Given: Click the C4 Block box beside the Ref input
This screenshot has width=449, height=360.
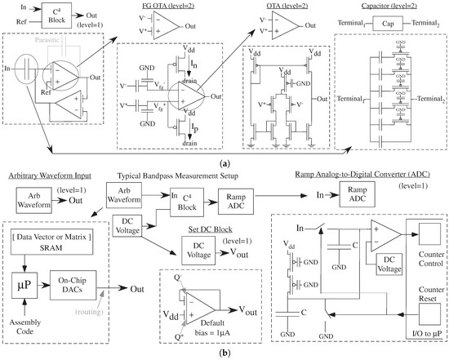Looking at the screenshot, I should [x=49, y=16].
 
